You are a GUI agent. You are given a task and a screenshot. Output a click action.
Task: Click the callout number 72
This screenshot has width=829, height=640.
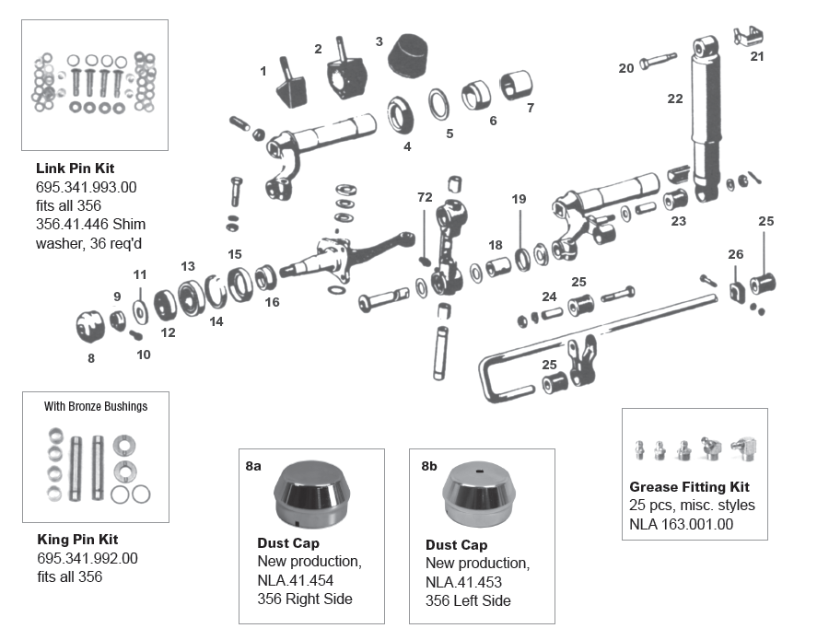[x=424, y=197]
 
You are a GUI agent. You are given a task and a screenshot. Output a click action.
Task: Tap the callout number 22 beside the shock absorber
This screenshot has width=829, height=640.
[x=675, y=99]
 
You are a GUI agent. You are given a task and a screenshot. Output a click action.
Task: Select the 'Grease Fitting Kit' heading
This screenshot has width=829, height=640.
[x=689, y=487]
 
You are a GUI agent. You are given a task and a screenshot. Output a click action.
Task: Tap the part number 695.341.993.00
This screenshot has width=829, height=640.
[x=87, y=187]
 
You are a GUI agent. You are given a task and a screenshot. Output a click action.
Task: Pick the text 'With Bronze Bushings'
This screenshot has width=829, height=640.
[x=95, y=406]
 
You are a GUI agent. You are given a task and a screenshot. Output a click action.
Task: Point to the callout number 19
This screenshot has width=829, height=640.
[x=519, y=199]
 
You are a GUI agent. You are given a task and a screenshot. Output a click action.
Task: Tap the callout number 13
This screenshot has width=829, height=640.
[x=188, y=266]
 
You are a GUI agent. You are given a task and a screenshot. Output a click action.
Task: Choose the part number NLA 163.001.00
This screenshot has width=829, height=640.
[x=683, y=524]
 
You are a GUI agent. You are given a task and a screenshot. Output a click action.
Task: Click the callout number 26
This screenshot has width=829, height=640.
[x=735, y=254]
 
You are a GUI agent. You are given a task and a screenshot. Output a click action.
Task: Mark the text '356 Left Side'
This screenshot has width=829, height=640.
[x=468, y=600]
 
